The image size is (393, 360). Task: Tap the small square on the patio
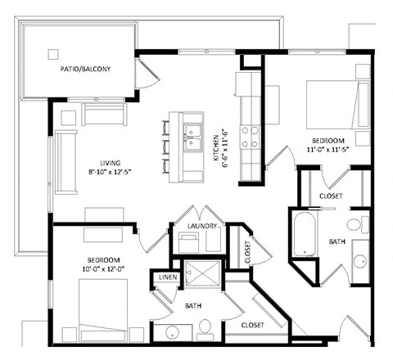pyautogui.click(x=53, y=55)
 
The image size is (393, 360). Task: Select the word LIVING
pyautogui.click(x=99, y=163)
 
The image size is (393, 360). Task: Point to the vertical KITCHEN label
pyautogui.click(x=217, y=145)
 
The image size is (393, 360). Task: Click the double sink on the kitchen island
pyautogui.click(x=193, y=138)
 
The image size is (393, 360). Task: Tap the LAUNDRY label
pyautogui.click(x=201, y=226)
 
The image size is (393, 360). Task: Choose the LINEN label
pyautogui.click(x=166, y=278)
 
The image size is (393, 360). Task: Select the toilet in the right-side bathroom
pyautogui.click(x=356, y=224)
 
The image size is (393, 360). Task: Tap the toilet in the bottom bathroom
pyautogui.click(x=206, y=329)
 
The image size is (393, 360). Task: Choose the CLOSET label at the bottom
pyautogui.click(x=251, y=325)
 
